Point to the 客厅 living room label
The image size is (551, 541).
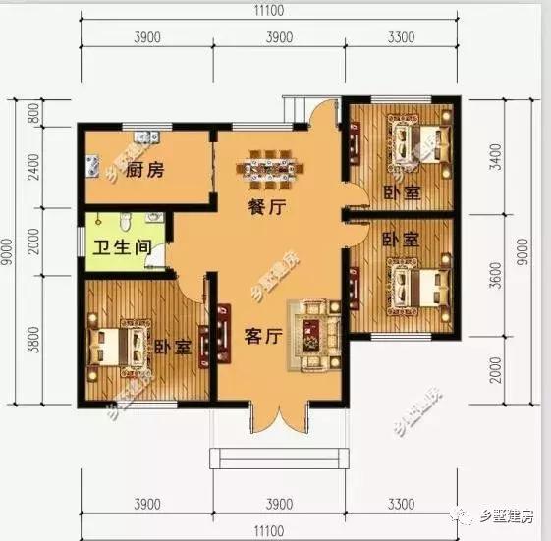(x=263, y=336)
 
